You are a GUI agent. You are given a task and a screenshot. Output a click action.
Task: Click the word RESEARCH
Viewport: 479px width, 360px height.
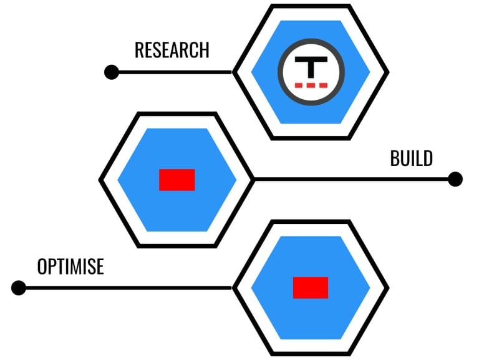(172, 50)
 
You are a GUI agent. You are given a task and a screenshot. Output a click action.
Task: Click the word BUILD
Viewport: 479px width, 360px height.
(411, 158)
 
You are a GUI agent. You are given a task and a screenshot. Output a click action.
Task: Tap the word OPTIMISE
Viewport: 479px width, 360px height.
(70, 267)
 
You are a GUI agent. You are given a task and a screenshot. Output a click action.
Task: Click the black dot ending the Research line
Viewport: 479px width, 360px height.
(112, 72)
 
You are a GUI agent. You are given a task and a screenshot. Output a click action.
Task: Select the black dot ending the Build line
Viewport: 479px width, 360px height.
(455, 180)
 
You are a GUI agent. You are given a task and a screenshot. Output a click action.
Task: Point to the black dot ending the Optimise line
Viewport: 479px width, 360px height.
(19, 288)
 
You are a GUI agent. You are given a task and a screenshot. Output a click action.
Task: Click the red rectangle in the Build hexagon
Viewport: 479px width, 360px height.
(177, 180)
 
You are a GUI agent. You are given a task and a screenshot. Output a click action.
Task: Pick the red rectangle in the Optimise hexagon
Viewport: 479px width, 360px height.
(311, 288)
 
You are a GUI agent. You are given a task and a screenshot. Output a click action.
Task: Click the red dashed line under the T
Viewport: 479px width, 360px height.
(311, 84)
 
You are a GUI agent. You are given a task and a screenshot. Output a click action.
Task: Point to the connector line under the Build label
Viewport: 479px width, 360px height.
(352, 180)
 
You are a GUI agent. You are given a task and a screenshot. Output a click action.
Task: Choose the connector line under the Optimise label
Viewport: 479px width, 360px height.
(125, 288)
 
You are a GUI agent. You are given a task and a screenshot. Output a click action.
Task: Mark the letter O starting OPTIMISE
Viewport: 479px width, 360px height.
(42, 267)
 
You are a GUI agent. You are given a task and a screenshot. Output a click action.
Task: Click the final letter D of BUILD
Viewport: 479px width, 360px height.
(427, 158)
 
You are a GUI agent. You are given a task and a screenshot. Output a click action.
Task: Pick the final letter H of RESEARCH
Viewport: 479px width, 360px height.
(204, 50)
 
